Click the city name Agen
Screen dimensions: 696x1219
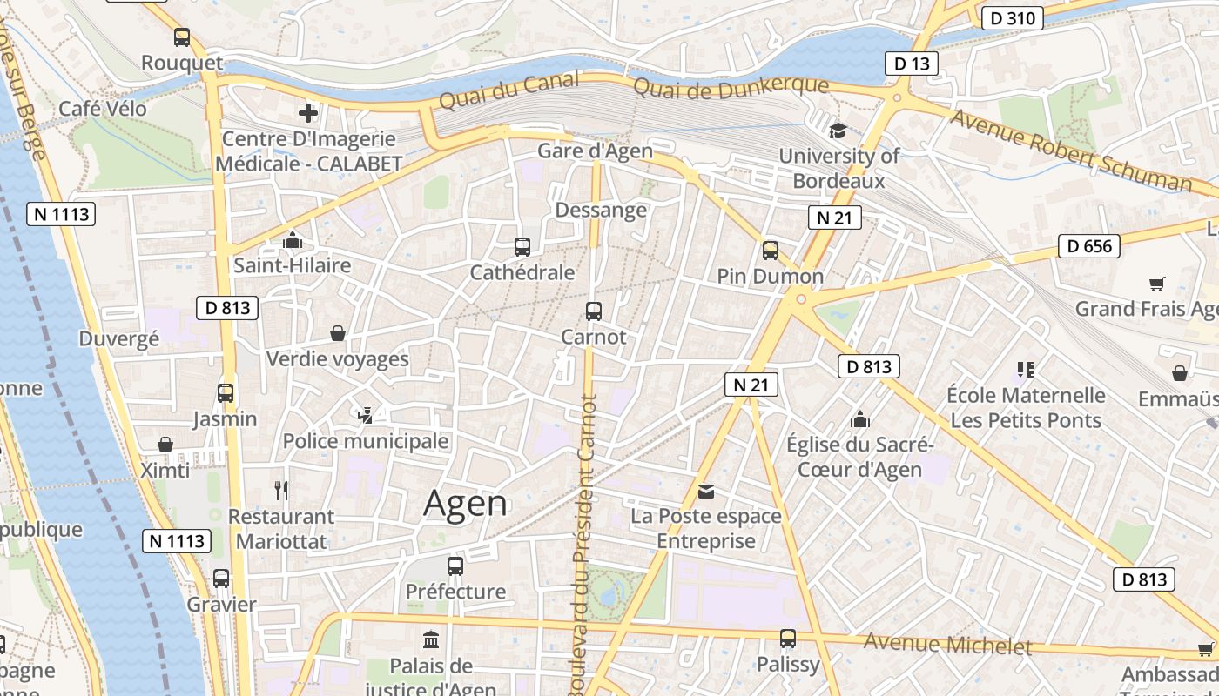(465, 504)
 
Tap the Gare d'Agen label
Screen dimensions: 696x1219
(595, 151)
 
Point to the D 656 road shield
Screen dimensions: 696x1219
(1089, 246)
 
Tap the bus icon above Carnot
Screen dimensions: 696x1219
(594, 311)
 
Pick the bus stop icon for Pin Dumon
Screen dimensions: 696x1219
(771, 251)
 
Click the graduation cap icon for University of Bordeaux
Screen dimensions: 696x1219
(838, 130)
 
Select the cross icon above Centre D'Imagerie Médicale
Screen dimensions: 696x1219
(307, 113)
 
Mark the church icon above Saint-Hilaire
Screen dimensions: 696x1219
(293, 239)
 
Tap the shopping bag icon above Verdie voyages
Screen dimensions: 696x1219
(338, 333)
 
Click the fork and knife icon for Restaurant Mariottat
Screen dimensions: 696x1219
(281, 491)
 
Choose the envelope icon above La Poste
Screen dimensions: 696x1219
(706, 492)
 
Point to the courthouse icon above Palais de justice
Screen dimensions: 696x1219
(431, 640)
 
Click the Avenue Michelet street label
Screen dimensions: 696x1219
(947, 646)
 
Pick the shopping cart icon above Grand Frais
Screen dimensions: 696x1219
(1157, 284)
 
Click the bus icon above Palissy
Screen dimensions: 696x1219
(788, 639)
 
